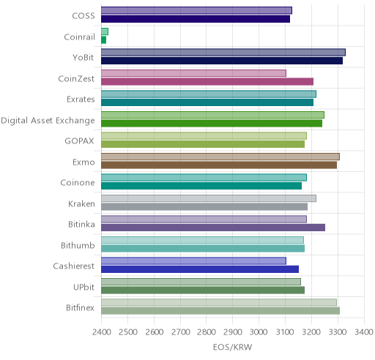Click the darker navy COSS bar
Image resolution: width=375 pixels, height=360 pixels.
click(x=196, y=19)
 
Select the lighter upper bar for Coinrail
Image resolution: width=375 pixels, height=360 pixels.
click(x=105, y=31)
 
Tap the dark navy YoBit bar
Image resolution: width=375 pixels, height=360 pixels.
click(x=222, y=61)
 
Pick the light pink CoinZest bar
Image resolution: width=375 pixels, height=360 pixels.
click(x=194, y=73)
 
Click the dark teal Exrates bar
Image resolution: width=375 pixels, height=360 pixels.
click(x=207, y=102)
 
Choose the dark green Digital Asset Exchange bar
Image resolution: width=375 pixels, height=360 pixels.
click(x=212, y=123)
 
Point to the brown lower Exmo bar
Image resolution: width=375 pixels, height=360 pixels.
click(x=219, y=165)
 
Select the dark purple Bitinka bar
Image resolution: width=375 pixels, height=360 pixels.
click(x=213, y=228)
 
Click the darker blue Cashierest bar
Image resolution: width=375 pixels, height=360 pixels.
click(x=200, y=269)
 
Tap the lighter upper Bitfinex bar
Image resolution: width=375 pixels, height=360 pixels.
click(x=219, y=302)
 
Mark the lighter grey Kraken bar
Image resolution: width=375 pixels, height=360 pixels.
click(x=209, y=198)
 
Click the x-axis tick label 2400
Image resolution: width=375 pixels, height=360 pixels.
click(x=102, y=332)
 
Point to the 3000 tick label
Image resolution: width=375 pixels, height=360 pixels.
click(x=259, y=332)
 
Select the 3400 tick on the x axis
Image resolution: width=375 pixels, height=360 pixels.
click(x=364, y=332)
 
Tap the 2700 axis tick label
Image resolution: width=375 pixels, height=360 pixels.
click(x=180, y=332)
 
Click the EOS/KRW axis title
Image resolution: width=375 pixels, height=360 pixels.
click(x=232, y=347)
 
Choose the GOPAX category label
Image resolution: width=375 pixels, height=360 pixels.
click(x=79, y=141)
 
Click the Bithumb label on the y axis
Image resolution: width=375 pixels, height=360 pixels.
click(x=78, y=245)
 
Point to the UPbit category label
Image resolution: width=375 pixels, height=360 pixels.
click(x=83, y=287)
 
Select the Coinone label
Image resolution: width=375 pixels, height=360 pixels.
click(x=78, y=183)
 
